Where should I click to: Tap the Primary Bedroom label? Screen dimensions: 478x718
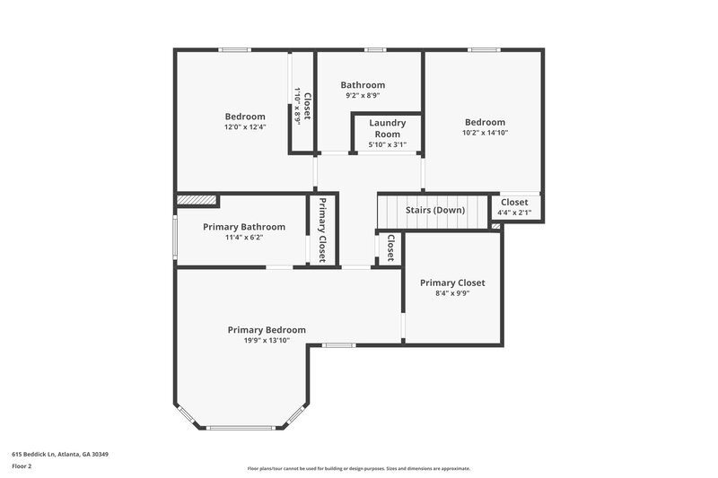point(267,330)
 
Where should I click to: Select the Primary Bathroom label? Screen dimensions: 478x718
point(244,227)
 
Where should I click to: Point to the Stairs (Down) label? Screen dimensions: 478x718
point(435,210)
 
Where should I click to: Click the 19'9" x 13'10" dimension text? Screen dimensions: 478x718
point(267,341)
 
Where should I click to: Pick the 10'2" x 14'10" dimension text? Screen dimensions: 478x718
point(485,133)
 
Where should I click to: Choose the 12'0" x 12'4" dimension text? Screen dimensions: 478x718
point(245,126)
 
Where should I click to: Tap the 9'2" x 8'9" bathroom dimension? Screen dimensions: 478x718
point(363,95)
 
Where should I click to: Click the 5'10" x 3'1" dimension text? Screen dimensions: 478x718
point(388,144)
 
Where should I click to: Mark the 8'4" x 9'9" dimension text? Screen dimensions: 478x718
point(452,292)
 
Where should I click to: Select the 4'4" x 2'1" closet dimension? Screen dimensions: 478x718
point(514,213)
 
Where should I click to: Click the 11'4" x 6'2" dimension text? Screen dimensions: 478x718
point(244,238)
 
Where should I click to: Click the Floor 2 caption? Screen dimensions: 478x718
point(22,466)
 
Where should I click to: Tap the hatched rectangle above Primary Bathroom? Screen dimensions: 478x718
point(197,200)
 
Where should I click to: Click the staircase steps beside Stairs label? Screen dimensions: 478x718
point(390,212)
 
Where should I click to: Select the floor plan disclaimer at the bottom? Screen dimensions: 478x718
point(358,468)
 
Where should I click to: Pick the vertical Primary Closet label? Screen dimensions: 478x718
point(322,230)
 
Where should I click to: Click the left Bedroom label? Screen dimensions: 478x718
point(245,117)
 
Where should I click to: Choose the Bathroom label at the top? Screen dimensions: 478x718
point(363,85)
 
